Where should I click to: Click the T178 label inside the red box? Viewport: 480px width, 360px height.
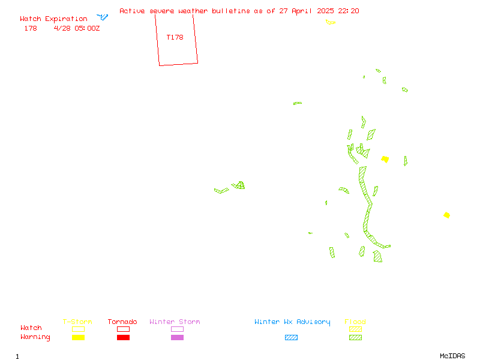click(175, 37)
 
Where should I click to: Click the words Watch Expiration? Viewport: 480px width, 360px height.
click(53, 19)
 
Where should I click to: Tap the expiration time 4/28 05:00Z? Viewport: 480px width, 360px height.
click(77, 28)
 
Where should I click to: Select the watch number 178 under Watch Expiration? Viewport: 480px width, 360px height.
click(31, 28)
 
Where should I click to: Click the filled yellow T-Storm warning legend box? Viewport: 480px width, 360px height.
click(79, 337)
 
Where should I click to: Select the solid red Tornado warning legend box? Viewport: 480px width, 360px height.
click(124, 337)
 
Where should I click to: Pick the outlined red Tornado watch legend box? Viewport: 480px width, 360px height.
click(124, 329)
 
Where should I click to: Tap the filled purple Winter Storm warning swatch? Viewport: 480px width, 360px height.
click(177, 337)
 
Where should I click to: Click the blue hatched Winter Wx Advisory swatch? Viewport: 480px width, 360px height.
click(291, 337)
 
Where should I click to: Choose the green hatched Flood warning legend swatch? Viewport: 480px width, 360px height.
click(355, 337)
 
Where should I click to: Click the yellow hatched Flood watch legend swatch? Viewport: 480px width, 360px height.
click(355, 329)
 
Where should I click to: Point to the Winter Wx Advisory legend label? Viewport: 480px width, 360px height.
click(292, 322)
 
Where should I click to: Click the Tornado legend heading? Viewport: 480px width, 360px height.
click(122, 322)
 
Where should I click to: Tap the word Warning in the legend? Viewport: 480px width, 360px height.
click(35, 337)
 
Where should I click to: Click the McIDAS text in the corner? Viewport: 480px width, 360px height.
click(452, 356)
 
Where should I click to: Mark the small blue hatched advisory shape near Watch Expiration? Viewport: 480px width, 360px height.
click(103, 17)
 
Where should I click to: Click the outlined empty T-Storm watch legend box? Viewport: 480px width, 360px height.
click(79, 329)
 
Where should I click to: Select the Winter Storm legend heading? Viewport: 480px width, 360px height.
click(175, 322)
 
